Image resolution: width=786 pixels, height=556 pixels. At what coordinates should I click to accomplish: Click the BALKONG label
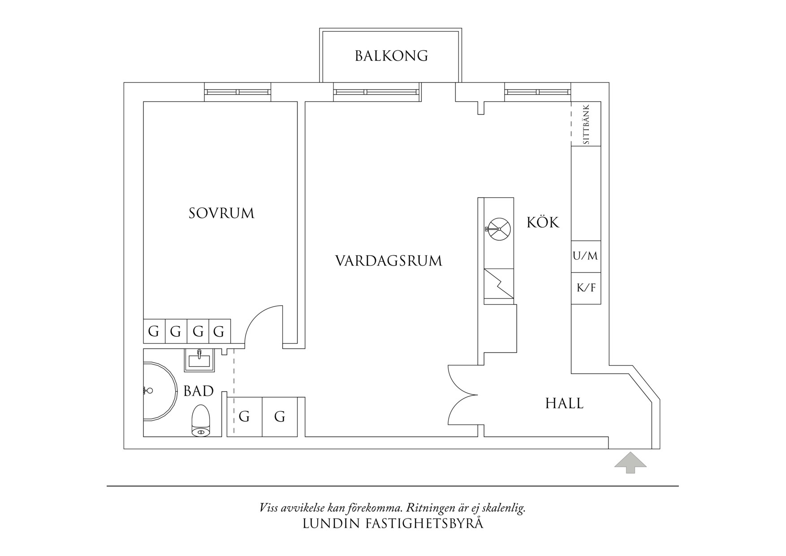391,56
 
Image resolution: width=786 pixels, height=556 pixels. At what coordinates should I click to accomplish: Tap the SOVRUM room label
221,213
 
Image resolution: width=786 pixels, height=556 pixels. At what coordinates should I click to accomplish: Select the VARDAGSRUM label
389,261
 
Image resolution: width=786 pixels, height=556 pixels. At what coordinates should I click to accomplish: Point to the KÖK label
543,222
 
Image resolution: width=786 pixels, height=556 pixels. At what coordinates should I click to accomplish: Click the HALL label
564,404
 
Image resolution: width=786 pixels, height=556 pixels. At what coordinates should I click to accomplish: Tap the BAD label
199,391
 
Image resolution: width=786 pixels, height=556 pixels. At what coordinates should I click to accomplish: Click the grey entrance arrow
630,463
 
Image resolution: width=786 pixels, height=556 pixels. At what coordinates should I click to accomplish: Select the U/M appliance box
585,256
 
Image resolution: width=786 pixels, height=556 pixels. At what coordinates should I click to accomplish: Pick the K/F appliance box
586,288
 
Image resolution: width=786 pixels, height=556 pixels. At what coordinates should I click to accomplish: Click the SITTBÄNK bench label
586,124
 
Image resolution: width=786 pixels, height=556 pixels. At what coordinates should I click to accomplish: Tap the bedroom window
238,92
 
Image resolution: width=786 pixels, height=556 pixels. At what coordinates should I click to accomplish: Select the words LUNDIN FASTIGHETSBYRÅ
393,523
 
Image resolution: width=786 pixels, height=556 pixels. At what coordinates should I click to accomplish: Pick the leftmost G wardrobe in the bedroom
154,332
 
